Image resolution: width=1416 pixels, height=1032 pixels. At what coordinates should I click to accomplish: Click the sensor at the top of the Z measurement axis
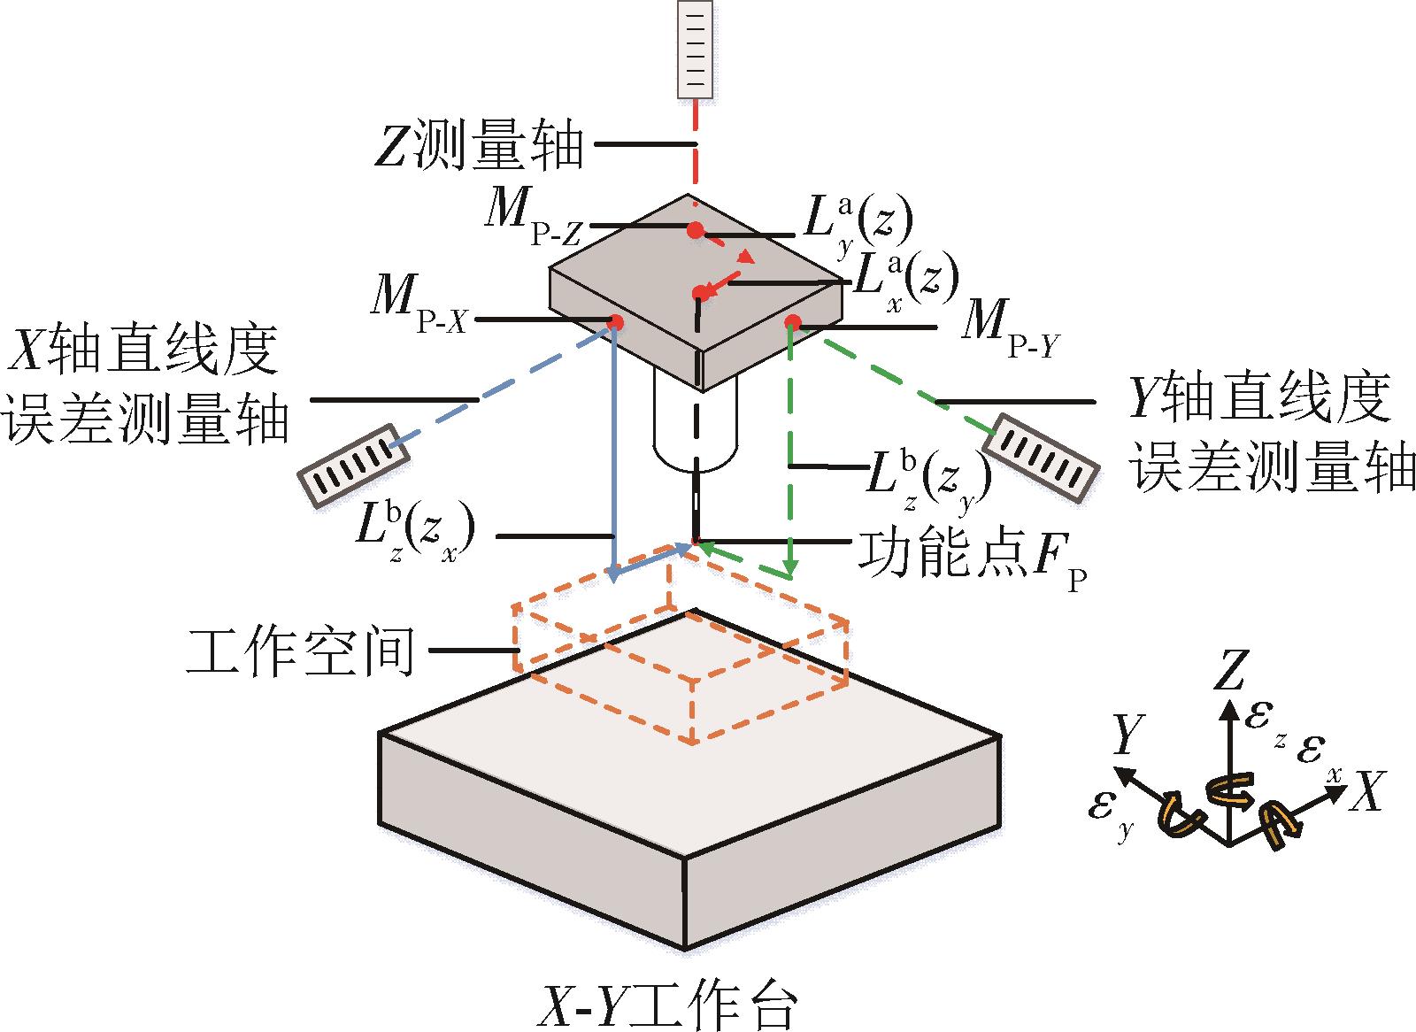click(696, 50)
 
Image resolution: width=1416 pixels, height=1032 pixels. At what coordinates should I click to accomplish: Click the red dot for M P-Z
click(695, 230)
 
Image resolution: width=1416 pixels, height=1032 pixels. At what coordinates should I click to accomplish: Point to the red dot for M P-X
click(612, 320)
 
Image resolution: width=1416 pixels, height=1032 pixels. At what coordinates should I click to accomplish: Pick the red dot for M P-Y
click(793, 321)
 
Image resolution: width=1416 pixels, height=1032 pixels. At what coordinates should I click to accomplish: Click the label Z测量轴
click(479, 146)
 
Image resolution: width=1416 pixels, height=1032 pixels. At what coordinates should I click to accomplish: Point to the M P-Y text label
click(1010, 328)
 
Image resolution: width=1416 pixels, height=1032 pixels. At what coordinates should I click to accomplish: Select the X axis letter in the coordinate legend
click(1366, 790)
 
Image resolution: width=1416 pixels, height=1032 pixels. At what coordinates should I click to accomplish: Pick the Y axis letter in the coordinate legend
click(1127, 734)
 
